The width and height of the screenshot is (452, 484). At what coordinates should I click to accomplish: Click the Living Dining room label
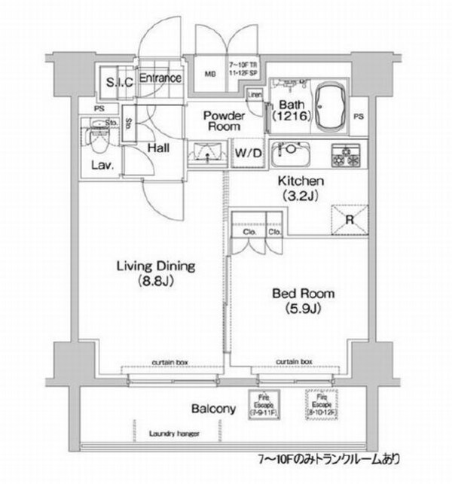[x=156, y=273]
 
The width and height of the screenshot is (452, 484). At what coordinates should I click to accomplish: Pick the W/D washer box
[x=248, y=154]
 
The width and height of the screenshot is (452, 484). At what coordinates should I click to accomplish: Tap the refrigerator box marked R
[x=350, y=221]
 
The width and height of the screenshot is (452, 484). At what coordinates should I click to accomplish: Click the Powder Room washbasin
[x=206, y=154]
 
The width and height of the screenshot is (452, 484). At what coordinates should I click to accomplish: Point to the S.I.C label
[x=119, y=83]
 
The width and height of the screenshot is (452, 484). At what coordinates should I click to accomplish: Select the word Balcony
[x=213, y=409]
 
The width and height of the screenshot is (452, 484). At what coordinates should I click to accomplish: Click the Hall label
[x=157, y=149]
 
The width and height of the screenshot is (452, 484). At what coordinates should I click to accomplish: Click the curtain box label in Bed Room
[x=295, y=361]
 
